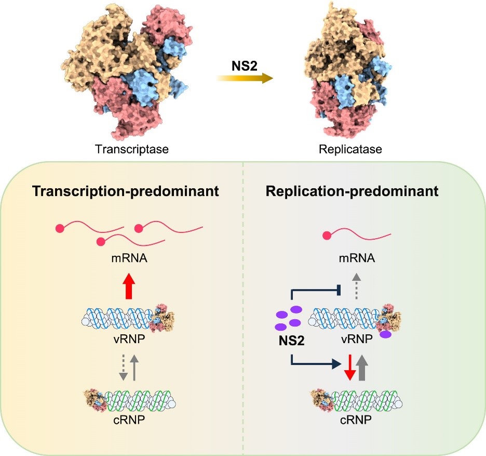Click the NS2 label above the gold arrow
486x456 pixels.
(245, 67)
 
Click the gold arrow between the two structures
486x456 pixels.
(245, 79)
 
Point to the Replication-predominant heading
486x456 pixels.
(352, 191)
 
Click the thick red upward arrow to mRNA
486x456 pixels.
(129, 288)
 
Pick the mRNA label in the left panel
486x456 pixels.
(129, 255)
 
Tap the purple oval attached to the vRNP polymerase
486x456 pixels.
(386, 334)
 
